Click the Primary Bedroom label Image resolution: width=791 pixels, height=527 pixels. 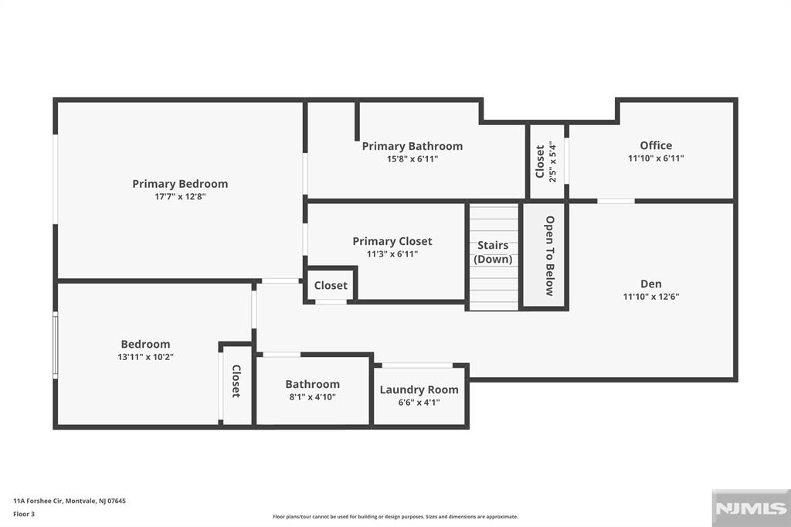[180, 184]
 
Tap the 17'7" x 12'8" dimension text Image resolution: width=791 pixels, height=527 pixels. [180, 196]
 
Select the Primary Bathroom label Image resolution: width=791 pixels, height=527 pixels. [412, 146]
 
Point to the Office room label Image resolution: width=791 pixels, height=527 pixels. [656, 145]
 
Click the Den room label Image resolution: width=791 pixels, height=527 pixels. [651, 284]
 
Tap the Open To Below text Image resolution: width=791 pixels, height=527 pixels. [549, 256]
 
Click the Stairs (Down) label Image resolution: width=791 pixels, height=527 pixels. [493, 252]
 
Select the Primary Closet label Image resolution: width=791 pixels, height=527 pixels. [392, 241]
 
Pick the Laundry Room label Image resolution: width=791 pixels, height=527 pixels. [419, 389]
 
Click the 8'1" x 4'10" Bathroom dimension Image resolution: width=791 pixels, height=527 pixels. [312, 397]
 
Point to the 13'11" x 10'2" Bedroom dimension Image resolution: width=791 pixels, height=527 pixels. [145, 357]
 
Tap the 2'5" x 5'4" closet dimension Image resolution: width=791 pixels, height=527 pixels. [552, 161]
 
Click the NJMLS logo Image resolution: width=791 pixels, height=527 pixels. [750, 508]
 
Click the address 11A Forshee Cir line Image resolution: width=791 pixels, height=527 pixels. [70, 501]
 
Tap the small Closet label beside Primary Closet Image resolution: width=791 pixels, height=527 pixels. [331, 285]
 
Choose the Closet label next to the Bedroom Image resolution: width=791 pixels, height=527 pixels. [236, 381]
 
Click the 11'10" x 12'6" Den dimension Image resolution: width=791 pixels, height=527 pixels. [651, 296]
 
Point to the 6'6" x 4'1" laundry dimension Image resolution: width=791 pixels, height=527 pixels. [419, 402]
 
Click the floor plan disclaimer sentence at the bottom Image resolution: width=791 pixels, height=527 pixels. [395, 517]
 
